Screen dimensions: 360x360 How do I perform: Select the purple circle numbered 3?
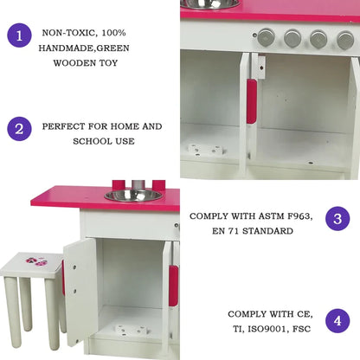tap(337, 218)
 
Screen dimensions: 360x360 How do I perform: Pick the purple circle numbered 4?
tap(337, 321)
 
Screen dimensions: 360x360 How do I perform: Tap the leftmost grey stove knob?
tap(266, 37)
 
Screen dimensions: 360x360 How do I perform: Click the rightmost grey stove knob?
tap(344, 40)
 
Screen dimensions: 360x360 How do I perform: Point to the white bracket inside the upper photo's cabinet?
tap(204, 149)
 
